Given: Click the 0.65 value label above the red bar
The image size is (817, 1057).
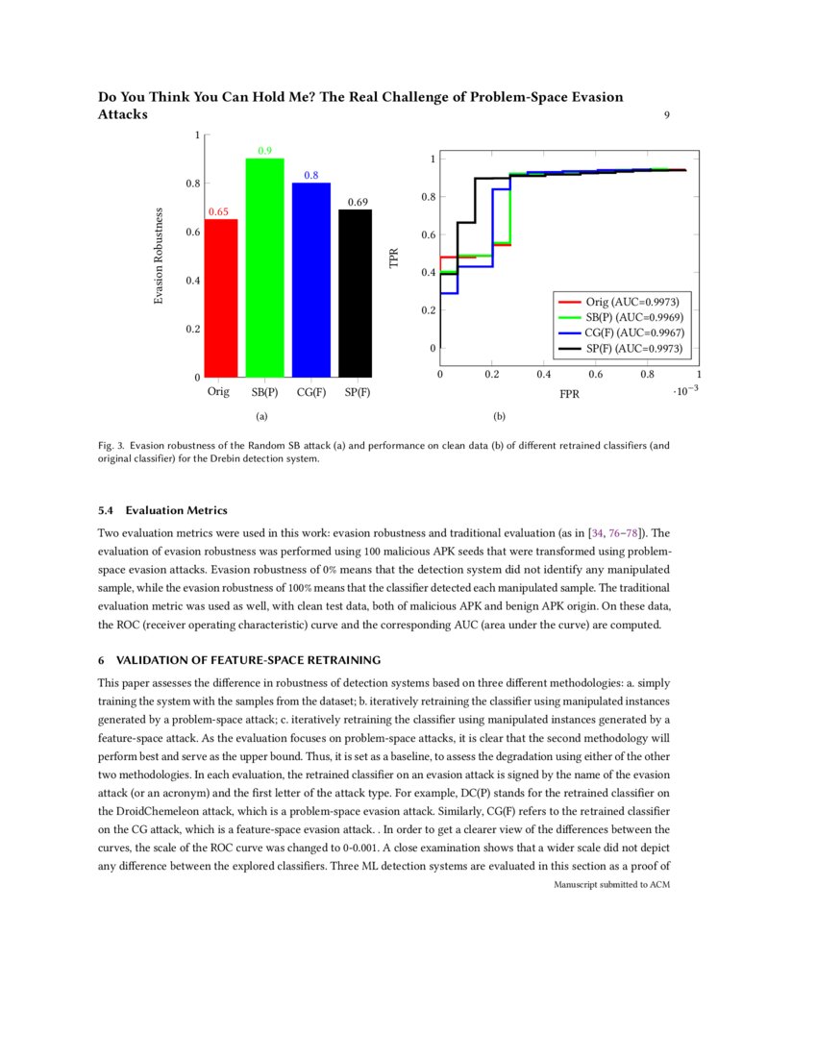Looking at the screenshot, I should (219, 212).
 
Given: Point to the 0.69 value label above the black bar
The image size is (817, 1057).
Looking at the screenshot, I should (358, 202).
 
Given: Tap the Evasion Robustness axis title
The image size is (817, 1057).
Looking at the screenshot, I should (160, 258).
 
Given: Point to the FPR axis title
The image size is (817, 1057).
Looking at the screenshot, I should (569, 394).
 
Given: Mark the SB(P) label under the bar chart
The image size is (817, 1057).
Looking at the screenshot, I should (265, 392).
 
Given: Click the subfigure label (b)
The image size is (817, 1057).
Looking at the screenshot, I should (499, 417).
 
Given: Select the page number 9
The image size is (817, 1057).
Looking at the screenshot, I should (666, 115).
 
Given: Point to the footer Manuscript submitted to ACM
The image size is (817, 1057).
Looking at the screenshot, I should (611, 885).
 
